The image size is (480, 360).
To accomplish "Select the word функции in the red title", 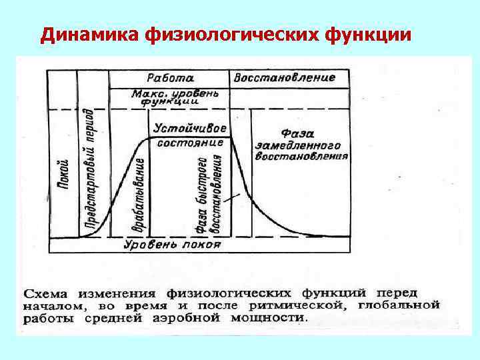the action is (368, 34).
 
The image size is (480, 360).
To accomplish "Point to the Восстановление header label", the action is (284, 77).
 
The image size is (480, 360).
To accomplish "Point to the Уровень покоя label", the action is (172, 244).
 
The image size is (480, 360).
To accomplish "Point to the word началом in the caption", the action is (53, 306).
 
